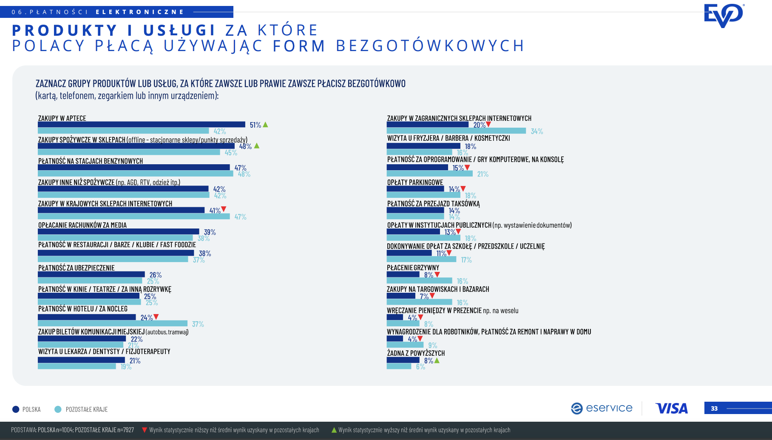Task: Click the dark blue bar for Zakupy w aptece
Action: pos(141,125)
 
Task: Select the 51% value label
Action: pos(255,125)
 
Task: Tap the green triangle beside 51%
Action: pos(266,125)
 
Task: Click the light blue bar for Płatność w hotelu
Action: pos(112,323)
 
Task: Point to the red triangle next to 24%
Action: pos(156,317)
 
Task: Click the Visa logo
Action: pos(671,409)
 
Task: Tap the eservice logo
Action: pos(602,408)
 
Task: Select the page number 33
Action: pos(714,409)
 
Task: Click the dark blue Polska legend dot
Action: pos(16,409)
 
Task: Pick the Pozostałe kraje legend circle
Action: pos(58,409)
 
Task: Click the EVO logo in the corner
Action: pos(724,15)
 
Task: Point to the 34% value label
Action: pos(536,131)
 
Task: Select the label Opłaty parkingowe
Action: pos(415,183)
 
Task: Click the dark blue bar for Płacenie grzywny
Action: pos(403,274)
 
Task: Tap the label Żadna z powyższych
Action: pos(416,353)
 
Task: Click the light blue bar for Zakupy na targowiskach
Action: pos(419,302)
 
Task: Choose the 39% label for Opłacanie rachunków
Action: pos(210,232)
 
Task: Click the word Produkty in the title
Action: pos(65,31)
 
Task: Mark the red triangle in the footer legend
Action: pos(145,430)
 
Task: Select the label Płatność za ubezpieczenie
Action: pos(77,268)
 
